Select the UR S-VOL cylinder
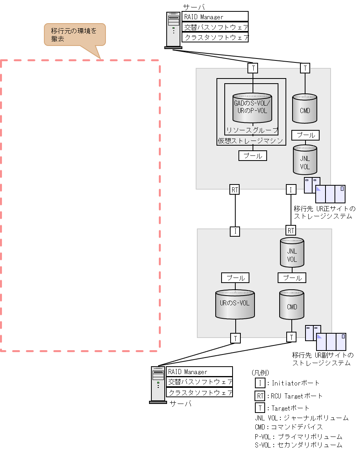[x=235, y=304]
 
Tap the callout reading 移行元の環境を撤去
[x=75, y=35]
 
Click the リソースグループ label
[x=252, y=130]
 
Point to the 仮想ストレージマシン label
[x=251, y=141]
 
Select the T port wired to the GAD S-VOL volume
[x=253, y=68]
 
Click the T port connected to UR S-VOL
[x=235, y=338]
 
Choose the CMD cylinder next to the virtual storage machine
[x=305, y=108]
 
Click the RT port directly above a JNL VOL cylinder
[x=291, y=230]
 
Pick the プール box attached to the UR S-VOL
[x=235, y=278]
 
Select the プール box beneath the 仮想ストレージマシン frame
[x=253, y=156]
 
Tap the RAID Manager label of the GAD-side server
[x=215, y=17]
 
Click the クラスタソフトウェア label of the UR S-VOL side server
[x=199, y=392]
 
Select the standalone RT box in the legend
[x=260, y=396]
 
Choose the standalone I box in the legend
[x=260, y=383]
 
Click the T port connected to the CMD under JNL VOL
[x=291, y=337]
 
